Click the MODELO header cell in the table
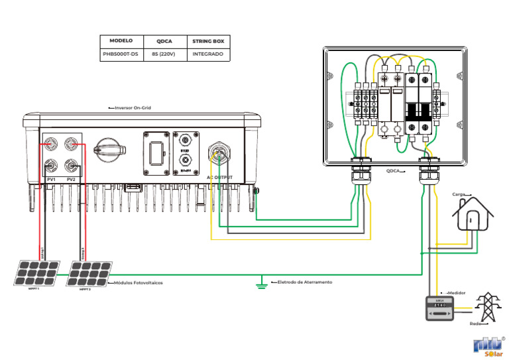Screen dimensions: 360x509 [121, 40]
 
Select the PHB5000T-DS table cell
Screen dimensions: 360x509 [121, 54]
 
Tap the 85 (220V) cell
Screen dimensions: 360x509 [164, 54]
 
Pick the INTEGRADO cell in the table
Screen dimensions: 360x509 [207, 54]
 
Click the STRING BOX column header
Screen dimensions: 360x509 [207, 40]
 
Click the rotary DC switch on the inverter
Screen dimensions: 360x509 [107, 151]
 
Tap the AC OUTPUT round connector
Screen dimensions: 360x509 [219, 154]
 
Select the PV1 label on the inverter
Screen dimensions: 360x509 [52, 180]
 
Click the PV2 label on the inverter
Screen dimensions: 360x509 [71, 180]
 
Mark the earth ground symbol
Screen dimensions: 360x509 [263, 284]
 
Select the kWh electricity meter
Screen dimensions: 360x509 [439, 308]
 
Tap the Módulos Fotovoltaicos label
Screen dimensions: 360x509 [139, 282]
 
